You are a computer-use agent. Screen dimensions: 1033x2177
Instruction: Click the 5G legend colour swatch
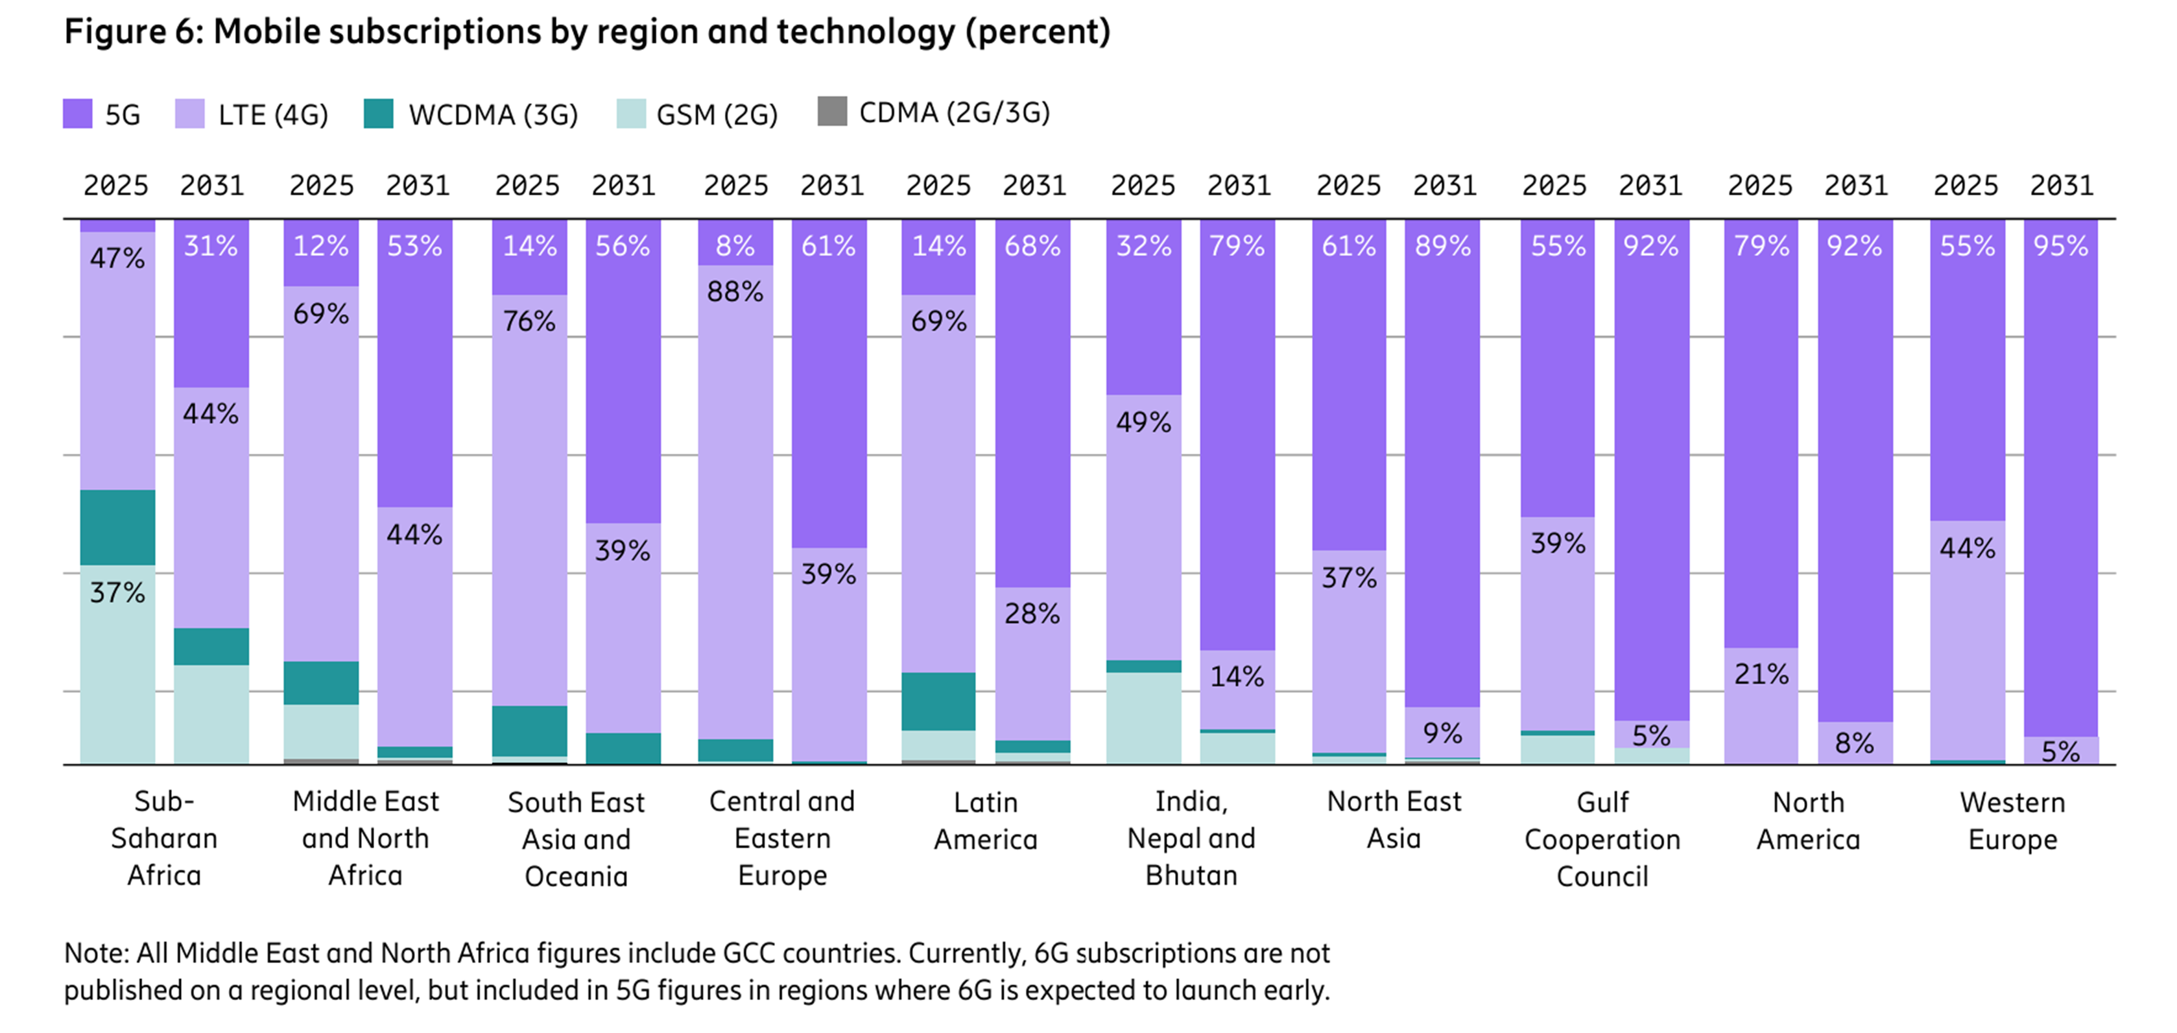pyautogui.click(x=77, y=114)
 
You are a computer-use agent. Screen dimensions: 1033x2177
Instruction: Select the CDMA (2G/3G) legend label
pyautogui.click(x=954, y=112)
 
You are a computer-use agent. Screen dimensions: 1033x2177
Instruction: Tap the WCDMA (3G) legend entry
pyautogui.click(x=493, y=114)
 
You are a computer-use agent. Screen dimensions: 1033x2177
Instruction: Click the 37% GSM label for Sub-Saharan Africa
pyautogui.click(x=117, y=592)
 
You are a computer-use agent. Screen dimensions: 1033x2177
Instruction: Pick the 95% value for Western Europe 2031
pyautogui.click(x=2060, y=246)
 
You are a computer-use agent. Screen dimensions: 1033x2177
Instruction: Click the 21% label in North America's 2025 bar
pyautogui.click(x=1761, y=674)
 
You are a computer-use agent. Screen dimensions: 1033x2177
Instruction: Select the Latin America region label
pyautogui.click(x=986, y=820)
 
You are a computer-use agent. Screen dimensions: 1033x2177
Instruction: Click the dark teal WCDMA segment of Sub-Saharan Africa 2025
pyautogui.click(x=117, y=527)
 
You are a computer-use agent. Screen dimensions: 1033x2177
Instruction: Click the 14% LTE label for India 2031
pyautogui.click(x=1237, y=676)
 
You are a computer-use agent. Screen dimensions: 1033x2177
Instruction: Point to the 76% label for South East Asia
pyautogui.click(x=529, y=321)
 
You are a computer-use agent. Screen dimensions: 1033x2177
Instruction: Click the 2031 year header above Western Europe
pyautogui.click(x=2061, y=185)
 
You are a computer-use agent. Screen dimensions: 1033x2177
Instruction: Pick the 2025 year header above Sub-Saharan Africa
pyautogui.click(x=116, y=185)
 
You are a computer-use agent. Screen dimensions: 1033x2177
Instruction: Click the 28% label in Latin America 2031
pyautogui.click(x=1032, y=613)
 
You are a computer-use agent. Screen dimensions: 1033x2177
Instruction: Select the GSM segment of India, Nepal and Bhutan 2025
pyautogui.click(x=1143, y=718)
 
